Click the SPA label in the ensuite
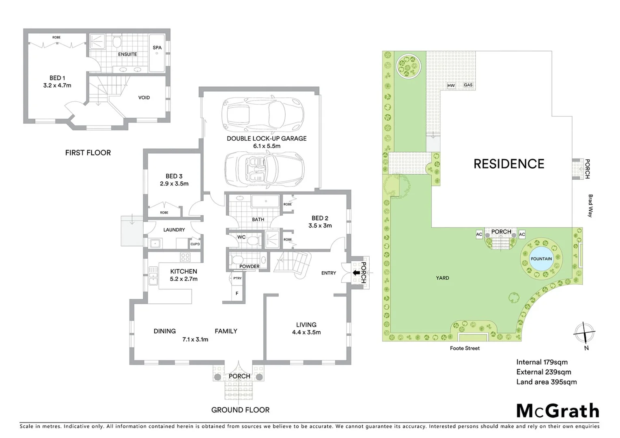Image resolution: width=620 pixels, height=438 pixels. click(x=157, y=47)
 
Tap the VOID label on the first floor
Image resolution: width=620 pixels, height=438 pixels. click(x=144, y=97)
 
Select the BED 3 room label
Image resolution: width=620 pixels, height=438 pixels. click(x=174, y=176)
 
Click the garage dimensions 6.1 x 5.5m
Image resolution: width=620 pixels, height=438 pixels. click(x=267, y=146)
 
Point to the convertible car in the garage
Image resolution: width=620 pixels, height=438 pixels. click(x=264, y=169)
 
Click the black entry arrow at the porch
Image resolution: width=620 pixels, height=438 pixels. click(x=356, y=273)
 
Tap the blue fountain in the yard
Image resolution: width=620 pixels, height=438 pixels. click(x=541, y=259)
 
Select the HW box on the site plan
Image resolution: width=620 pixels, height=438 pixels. click(x=451, y=86)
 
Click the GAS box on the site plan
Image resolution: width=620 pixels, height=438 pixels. click(x=468, y=85)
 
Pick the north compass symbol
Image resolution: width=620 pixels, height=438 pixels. click(x=584, y=334)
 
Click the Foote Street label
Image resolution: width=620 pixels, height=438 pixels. click(x=465, y=348)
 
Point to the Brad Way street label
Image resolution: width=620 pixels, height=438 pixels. click(x=590, y=206)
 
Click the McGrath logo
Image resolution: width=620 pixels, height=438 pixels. click(x=558, y=411)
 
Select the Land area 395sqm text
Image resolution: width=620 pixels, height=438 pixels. click(x=546, y=382)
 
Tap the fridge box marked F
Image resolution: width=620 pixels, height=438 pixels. click(x=237, y=293)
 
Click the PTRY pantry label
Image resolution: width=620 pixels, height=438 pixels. click(x=237, y=278)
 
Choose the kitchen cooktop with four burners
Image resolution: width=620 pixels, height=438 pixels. click(x=185, y=257)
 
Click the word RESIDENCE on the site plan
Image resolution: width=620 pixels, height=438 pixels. click(x=509, y=164)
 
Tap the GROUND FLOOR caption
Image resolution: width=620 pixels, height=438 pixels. click(x=240, y=410)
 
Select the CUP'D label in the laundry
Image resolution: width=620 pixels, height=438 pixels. click(x=195, y=244)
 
